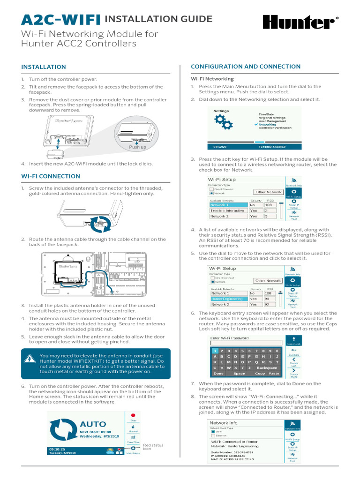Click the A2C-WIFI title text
(x=61, y=20)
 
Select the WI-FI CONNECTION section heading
(x=51, y=176)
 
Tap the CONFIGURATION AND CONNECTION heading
(x=245, y=67)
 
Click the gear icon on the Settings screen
(x=223, y=123)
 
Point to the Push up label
(x=138, y=147)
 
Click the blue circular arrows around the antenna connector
(x=100, y=224)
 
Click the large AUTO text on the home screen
(x=93, y=424)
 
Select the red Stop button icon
(x=133, y=415)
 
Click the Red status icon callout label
(x=153, y=447)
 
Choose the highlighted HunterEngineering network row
(x=227, y=298)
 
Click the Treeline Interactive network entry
(x=227, y=210)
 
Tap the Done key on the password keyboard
(x=218, y=374)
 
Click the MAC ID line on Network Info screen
(x=232, y=459)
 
